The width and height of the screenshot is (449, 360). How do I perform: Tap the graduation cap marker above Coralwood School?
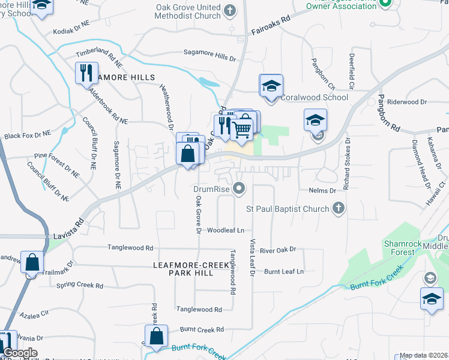[x=271, y=86]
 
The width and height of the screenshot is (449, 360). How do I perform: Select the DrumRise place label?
[x=212, y=189]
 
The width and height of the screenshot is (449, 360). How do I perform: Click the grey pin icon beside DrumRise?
[x=240, y=189]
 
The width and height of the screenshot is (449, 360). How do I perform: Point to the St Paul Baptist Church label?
[x=288, y=209]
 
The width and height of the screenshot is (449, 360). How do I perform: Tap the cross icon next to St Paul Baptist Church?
[x=339, y=208]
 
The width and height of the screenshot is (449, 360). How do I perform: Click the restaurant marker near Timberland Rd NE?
[x=86, y=73]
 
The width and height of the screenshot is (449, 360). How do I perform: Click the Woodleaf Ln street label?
[x=226, y=230]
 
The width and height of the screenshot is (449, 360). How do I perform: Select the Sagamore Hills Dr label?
[x=209, y=57]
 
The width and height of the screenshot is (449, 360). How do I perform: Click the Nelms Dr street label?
[x=324, y=190]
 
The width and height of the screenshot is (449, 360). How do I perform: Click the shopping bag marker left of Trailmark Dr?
[x=32, y=263]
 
